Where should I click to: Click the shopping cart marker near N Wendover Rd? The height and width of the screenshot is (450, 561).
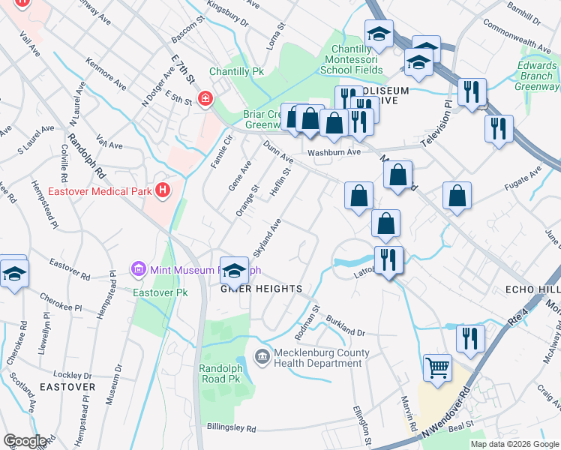pyautogui.click(x=438, y=367)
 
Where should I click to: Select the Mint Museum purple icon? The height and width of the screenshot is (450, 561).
pyautogui.click(x=137, y=268)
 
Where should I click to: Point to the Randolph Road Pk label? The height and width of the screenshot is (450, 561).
pyautogui.click(x=223, y=373)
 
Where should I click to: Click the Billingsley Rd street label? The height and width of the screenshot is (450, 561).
pyautogui.click(x=221, y=427)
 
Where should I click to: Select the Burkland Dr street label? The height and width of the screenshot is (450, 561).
pyautogui.click(x=345, y=326)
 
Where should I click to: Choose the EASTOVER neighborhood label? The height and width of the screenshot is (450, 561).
pyautogui.click(x=67, y=387)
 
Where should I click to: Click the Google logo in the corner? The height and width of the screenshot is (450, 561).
pyautogui.click(x=24, y=441)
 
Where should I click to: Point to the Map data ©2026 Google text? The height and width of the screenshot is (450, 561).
pyautogui.click(x=514, y=444)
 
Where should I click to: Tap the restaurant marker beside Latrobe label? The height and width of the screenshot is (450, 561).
pyautogui.click(x=388, y=259)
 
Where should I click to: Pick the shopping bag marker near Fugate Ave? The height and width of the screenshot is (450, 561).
pyautogui.click(x=457, y=196)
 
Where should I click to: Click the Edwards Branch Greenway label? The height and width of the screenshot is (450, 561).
pyautogui.click(x=536, y=76)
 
